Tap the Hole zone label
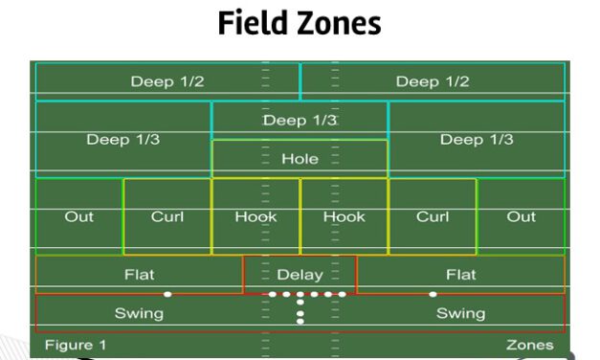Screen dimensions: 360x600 coord(300,159)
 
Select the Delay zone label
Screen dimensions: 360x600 coord(300,275)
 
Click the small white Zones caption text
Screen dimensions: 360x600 coord(529,345)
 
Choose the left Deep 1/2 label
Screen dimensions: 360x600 coord(167,81)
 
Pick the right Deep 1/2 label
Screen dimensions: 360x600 coord(433,81)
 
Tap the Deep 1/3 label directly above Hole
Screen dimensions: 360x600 coord(300,121)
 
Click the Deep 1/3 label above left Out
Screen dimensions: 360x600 coord(122,140)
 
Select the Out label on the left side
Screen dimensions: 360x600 coord(78,216)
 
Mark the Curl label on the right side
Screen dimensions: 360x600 coord(433,216)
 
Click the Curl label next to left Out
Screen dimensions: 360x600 coord(167,216)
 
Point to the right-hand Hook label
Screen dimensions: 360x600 coord(344,216)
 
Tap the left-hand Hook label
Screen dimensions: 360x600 coord(256,216)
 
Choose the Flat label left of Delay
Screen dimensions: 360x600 coord(139,275)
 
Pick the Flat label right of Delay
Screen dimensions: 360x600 coord(460,275)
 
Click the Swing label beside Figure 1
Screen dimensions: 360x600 coord(139,313)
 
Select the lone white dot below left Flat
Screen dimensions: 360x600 coord(167,294)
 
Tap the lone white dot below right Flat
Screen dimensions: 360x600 coord(433,294)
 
